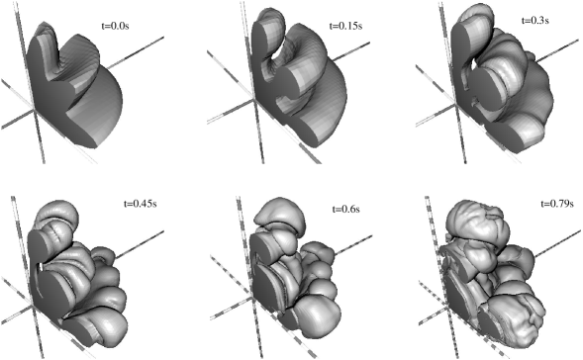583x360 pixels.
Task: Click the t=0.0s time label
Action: tap(115, 27)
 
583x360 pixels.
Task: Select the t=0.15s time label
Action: tap(345, 26)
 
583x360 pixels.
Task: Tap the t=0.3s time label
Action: tap(535, 21)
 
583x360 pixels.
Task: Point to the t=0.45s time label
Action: tap(140, 204)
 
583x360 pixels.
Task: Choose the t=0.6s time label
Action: tap(345, 209)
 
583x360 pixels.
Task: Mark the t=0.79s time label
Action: tap(556, 204)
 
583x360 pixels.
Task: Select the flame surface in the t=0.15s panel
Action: tap(298, 82)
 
